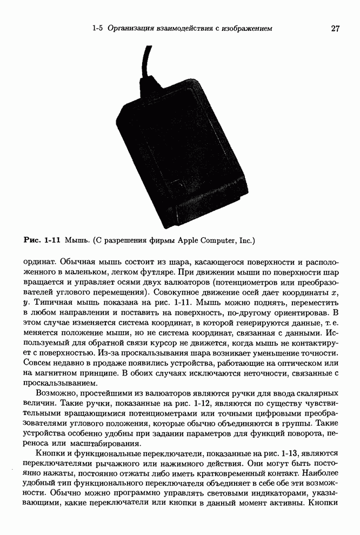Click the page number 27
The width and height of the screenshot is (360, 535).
(x=335, y=28)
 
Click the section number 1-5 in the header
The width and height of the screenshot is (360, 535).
(x=97, y=28)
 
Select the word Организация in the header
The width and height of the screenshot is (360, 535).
(x=129, y=28)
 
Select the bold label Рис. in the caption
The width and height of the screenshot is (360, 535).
(x=33, y=238)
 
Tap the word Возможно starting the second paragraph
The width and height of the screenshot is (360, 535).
(x=56, y=393)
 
